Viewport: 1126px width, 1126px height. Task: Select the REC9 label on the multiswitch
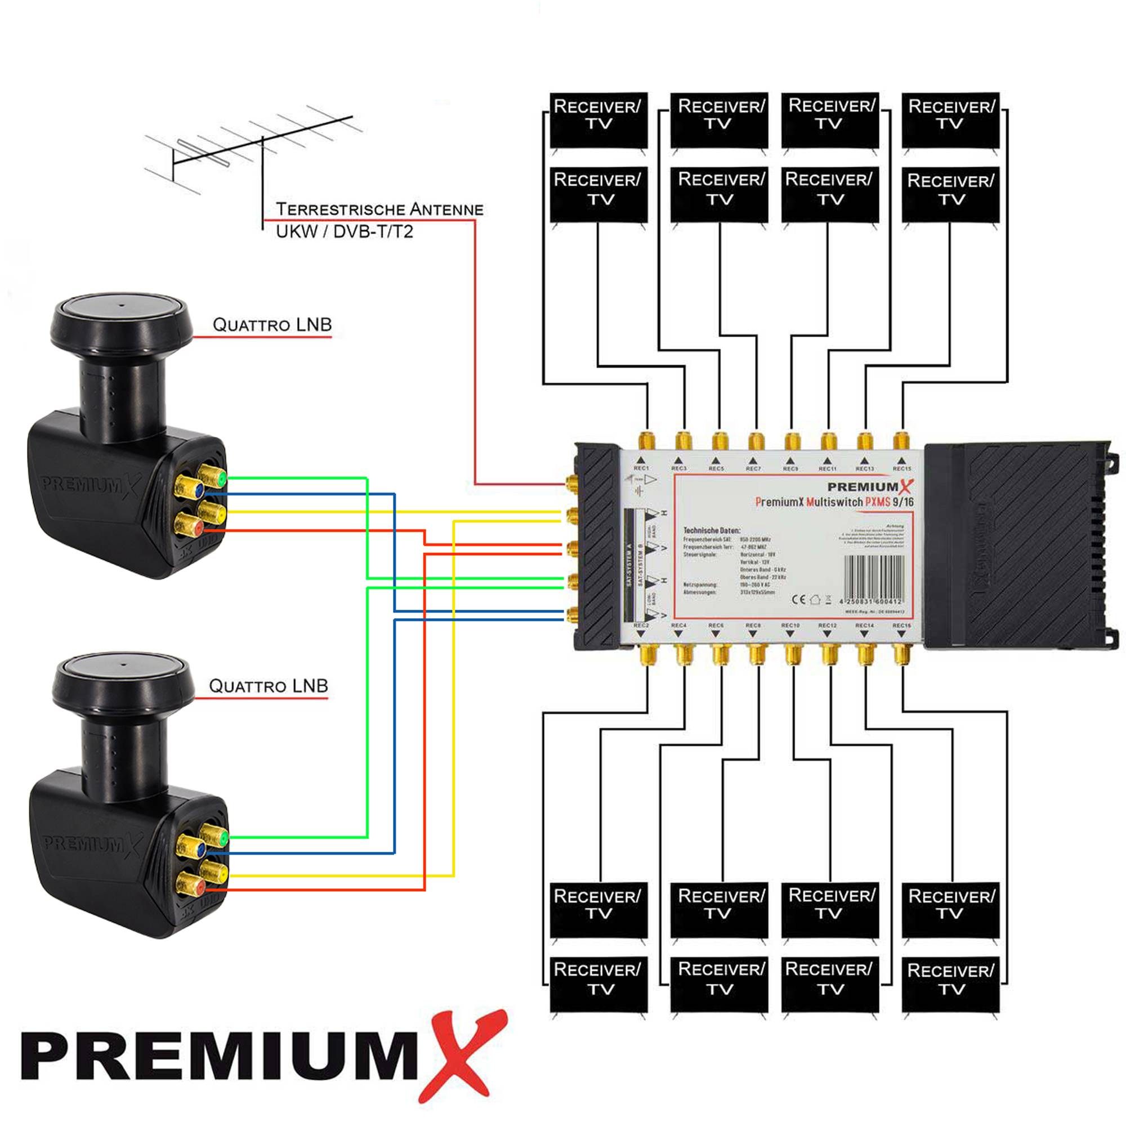click(790, 468)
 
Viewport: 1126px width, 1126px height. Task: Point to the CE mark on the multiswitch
click(799, 599)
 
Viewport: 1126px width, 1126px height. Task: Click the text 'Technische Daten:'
click(712, 530)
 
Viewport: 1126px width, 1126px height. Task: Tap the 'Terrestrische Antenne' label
click(379, 209)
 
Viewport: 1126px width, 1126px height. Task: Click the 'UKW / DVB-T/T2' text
click(344, 232)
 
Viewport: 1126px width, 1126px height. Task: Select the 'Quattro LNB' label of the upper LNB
click(271, 325)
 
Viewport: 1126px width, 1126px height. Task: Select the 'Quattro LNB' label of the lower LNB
click(268, 686)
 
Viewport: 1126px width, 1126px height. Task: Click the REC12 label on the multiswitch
click(827, 625)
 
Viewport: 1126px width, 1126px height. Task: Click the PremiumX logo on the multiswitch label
click(869, 486)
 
